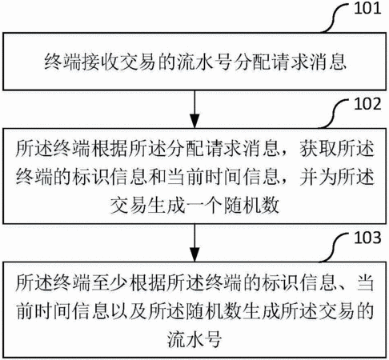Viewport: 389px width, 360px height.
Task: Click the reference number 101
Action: pos(367,8)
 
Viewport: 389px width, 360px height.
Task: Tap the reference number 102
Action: pos(367,104)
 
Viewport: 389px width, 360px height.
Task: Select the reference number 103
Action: pos(367,238)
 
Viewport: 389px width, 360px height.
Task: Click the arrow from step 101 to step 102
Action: pos(194,110)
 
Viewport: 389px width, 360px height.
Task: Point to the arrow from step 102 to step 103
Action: pos(194,242)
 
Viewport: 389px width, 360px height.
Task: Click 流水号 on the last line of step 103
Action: pos(194,339)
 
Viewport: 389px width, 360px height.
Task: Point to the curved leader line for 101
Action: pos(335,18)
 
